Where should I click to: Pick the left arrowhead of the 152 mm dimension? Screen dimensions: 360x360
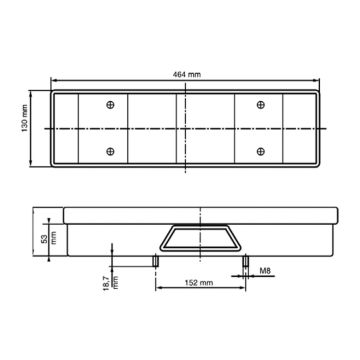[x=156, y=291]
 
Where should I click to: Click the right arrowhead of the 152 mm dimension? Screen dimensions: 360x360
[x=243, y=291]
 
